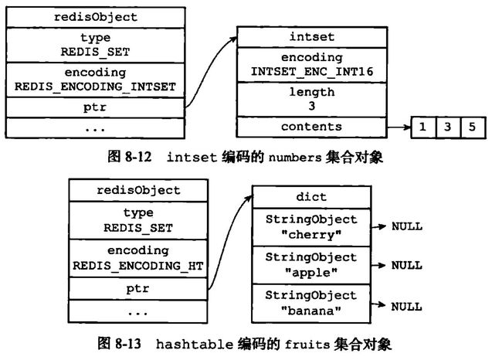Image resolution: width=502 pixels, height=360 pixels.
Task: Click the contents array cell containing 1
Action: [x=423, y=127]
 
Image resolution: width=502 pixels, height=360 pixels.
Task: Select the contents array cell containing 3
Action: [x=448, y=127]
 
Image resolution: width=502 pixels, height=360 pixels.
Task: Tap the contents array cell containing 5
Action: [x=473, y=127]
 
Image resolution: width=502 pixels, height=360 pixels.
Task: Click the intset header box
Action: [x=312, y=37]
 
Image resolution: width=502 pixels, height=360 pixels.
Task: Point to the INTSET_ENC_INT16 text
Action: [x=312, y=71]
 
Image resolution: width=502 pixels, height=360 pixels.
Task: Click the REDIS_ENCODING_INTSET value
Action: [x=95, y=87]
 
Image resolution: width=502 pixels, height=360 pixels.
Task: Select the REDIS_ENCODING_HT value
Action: [x=138, y=266]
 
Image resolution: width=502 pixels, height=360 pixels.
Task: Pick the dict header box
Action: [x=311, y=197]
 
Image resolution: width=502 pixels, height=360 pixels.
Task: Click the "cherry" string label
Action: [x=311, y=235]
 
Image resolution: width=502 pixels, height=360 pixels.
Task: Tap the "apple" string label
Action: [x=311, y=273]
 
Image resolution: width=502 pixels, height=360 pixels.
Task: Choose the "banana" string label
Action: [x=311, y=311]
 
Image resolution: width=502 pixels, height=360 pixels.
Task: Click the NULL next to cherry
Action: [x=407, y=226]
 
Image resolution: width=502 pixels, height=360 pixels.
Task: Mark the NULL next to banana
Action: [x=406, y=307]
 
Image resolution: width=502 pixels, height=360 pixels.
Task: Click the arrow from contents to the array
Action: [x=399, y=127]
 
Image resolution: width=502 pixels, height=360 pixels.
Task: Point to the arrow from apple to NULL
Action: [x=378, y=265]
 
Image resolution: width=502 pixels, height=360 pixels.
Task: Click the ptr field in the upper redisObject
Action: [x=95, y=107]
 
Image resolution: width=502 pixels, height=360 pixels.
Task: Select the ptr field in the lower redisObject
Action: [x=138, y=289]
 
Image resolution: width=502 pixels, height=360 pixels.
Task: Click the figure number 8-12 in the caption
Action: [x=138, y=157]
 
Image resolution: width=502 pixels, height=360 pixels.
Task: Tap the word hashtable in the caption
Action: [x=195, y=345]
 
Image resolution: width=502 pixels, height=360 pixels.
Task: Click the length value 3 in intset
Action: [x=312, y=106]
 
